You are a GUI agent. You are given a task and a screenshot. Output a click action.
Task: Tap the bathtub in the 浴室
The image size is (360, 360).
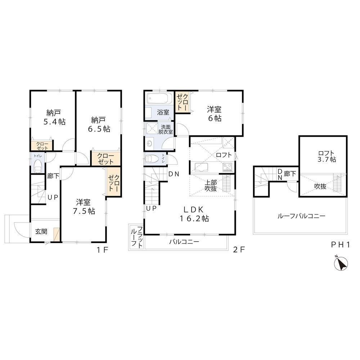[159, 98]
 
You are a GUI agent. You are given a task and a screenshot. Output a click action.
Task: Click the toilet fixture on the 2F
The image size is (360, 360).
[153, 158]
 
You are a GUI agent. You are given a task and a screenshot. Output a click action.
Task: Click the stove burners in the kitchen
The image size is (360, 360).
[228, 167]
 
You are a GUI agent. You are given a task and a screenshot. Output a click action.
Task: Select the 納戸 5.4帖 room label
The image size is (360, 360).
[54, 117]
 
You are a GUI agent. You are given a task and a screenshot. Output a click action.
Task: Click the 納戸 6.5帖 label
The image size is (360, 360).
[99, 124]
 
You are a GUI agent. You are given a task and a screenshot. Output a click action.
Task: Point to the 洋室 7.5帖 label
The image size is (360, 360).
[84, 207]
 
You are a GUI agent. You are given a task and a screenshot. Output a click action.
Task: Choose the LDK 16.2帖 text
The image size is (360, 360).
[194, 214]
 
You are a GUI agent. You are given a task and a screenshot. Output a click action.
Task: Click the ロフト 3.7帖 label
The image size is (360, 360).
[327, 156]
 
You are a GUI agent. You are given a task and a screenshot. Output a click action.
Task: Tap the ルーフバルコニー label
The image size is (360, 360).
[301, 216]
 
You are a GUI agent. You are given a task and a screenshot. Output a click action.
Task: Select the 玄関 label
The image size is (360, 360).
[41, 231]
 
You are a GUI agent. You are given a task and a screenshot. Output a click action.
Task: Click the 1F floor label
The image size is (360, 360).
[102, 250]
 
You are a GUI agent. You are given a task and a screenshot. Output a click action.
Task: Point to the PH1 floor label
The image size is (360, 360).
[340, 245]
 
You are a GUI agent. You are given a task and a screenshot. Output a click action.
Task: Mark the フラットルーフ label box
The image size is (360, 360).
[136, 237]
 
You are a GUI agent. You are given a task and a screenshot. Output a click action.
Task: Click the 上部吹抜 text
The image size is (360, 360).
[211, 186]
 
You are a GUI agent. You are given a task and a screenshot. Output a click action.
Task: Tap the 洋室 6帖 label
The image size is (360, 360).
[214, 114]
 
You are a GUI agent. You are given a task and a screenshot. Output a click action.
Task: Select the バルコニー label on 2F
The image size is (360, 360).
[184, 242]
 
